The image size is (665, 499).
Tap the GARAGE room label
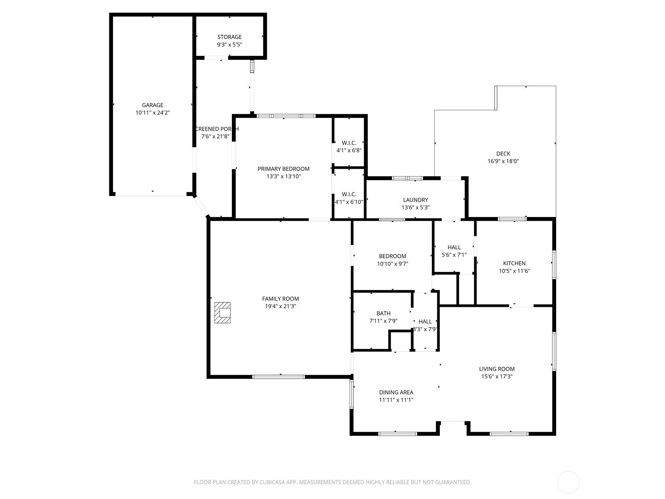(153, 105)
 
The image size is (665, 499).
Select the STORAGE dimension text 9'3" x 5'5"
(229, 44)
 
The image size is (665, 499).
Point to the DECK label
(503, 154)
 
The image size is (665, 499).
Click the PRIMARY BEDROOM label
(283, 169)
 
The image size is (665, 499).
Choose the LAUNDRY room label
(415, 200)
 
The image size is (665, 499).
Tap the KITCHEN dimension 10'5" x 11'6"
(514, 271)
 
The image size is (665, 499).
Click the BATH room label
(383, 314)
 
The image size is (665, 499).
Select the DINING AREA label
(396, 392)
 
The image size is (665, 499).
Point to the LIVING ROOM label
(497, 369)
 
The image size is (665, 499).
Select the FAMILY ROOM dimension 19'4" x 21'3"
(281, 306)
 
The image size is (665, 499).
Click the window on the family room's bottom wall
(278, 377)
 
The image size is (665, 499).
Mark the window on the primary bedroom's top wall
(286, 116)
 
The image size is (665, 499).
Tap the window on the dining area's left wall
(352, 394)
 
